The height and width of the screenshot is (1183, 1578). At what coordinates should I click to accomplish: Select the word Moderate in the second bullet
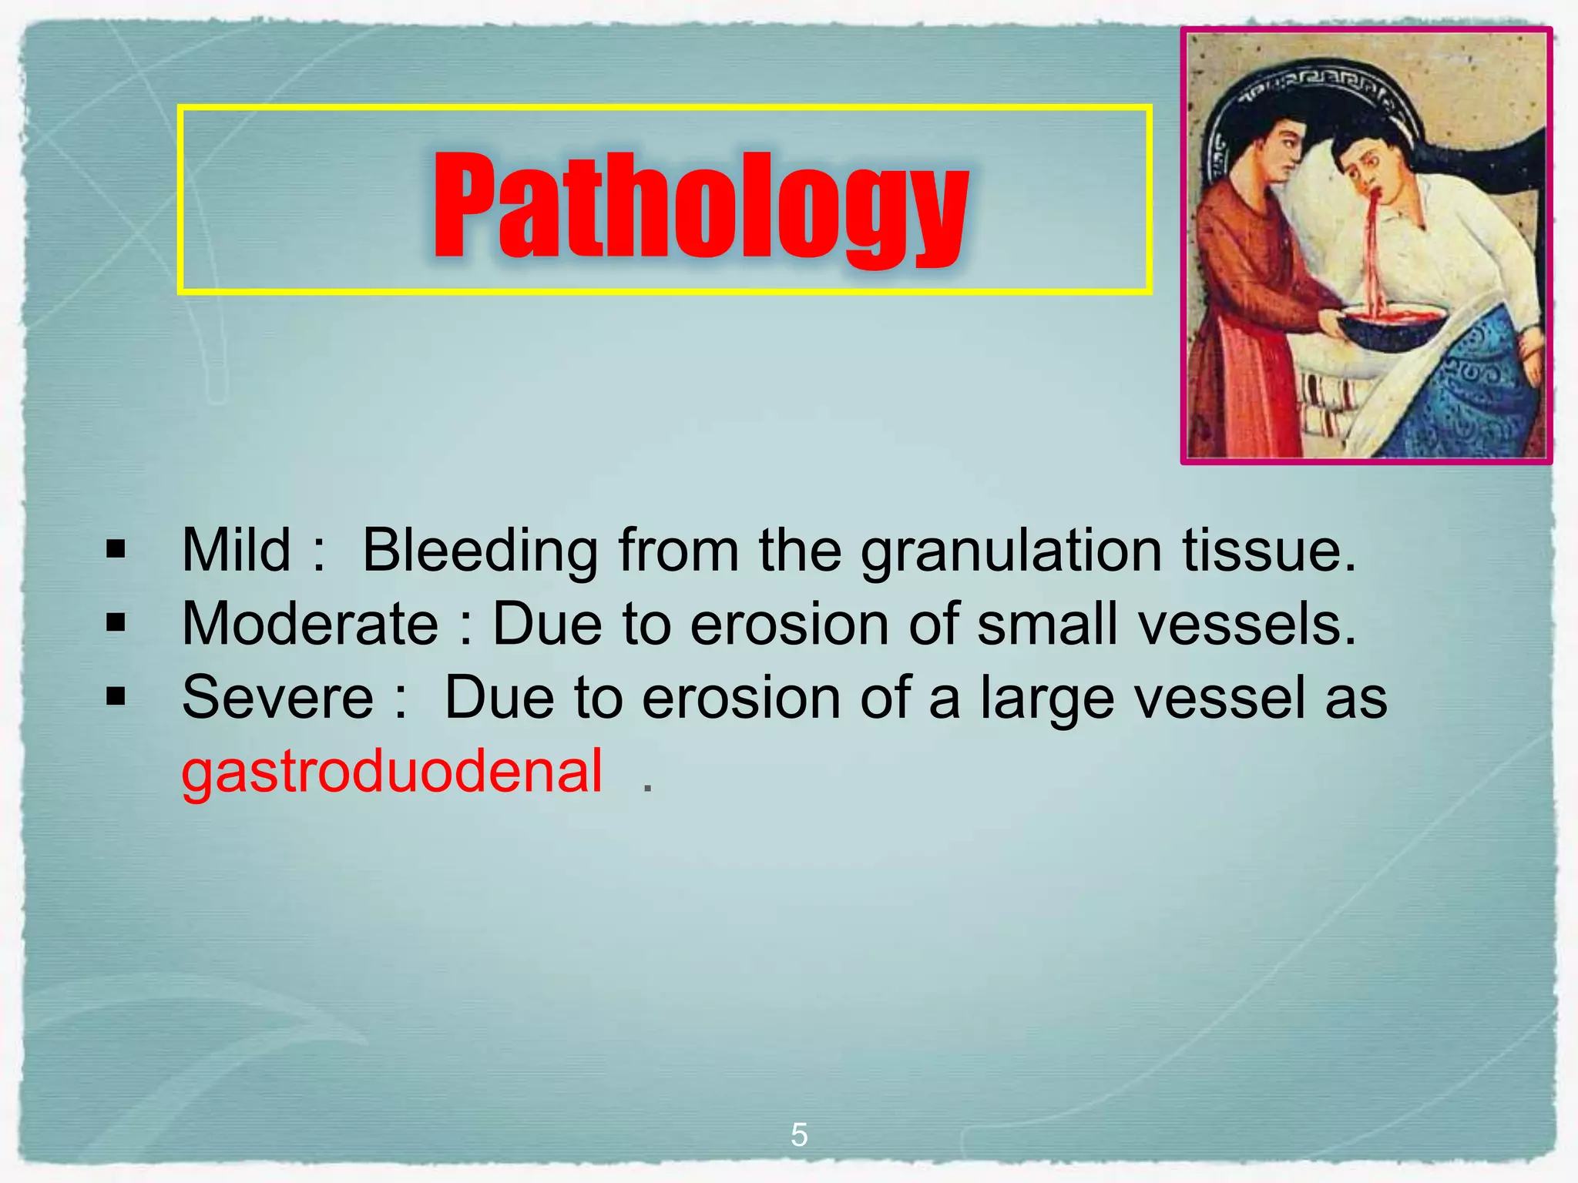pyautogui.click(x=310, y=623)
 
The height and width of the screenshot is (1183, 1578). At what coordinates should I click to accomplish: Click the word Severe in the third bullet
pyautogui.click(x=277, y=697)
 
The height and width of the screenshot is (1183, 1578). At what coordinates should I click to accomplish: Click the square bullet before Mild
pyautogui.click(x=116, y=549)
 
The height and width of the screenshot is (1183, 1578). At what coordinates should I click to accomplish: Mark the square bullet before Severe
pyautogui.click(x=116, y=697)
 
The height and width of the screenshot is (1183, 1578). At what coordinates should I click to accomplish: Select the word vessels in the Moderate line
pyautogui.click(x=1247, y=623)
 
